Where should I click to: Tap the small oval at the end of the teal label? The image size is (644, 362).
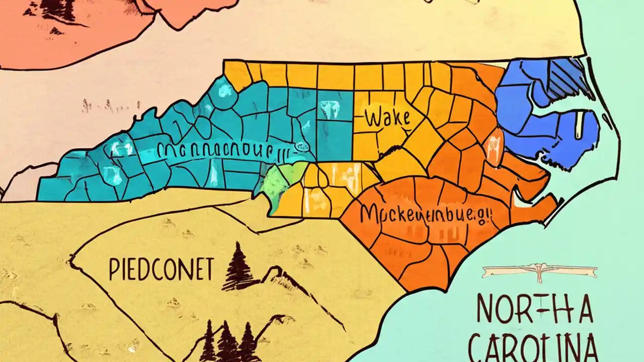coord(302,146)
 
